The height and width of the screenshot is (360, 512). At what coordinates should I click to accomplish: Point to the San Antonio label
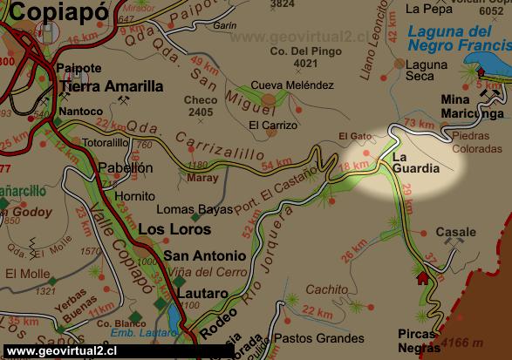[205, 255]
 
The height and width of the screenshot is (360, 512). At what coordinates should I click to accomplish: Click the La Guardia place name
[415, 162]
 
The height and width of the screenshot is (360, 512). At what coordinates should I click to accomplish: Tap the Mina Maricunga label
[472, 106]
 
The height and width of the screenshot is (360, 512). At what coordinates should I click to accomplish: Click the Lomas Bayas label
[195, 209]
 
